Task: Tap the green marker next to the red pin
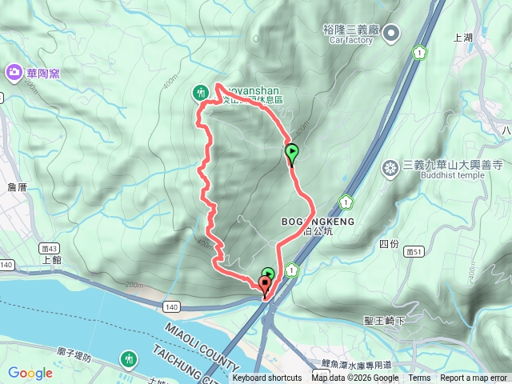[x=268, y=274]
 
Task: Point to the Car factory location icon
[x=391, y=33]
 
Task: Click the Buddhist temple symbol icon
[x=390, y=168]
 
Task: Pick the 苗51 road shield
[x=413, y=251]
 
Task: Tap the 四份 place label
[x=389, y=243]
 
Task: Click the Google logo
[x=30, y=372]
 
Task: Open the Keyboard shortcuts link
[x=267, y=378]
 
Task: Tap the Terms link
[x=419, y=378]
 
